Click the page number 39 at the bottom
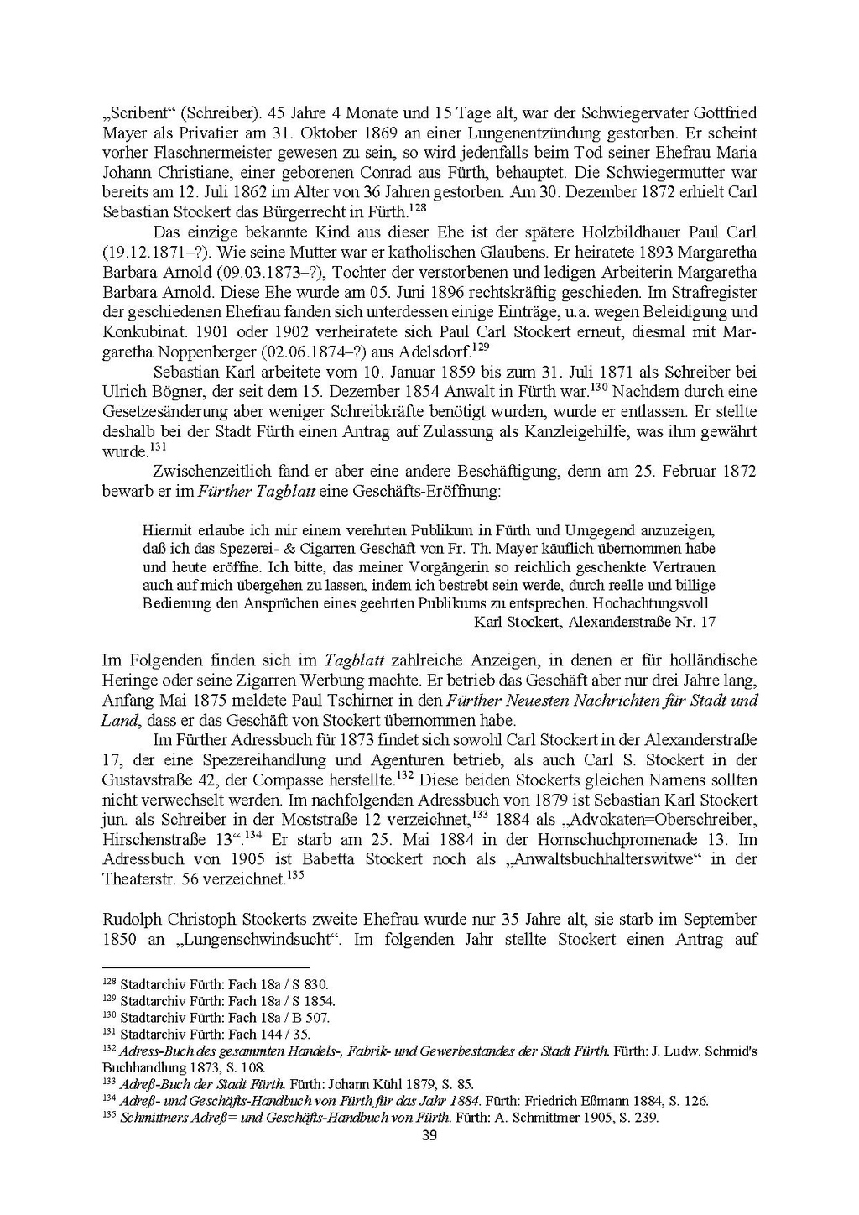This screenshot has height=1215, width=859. point(429,1136)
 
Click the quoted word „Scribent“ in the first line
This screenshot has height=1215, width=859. point(139,113)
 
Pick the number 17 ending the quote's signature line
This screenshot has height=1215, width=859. point(707,622)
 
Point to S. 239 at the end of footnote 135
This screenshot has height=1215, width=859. point(638,1118)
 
